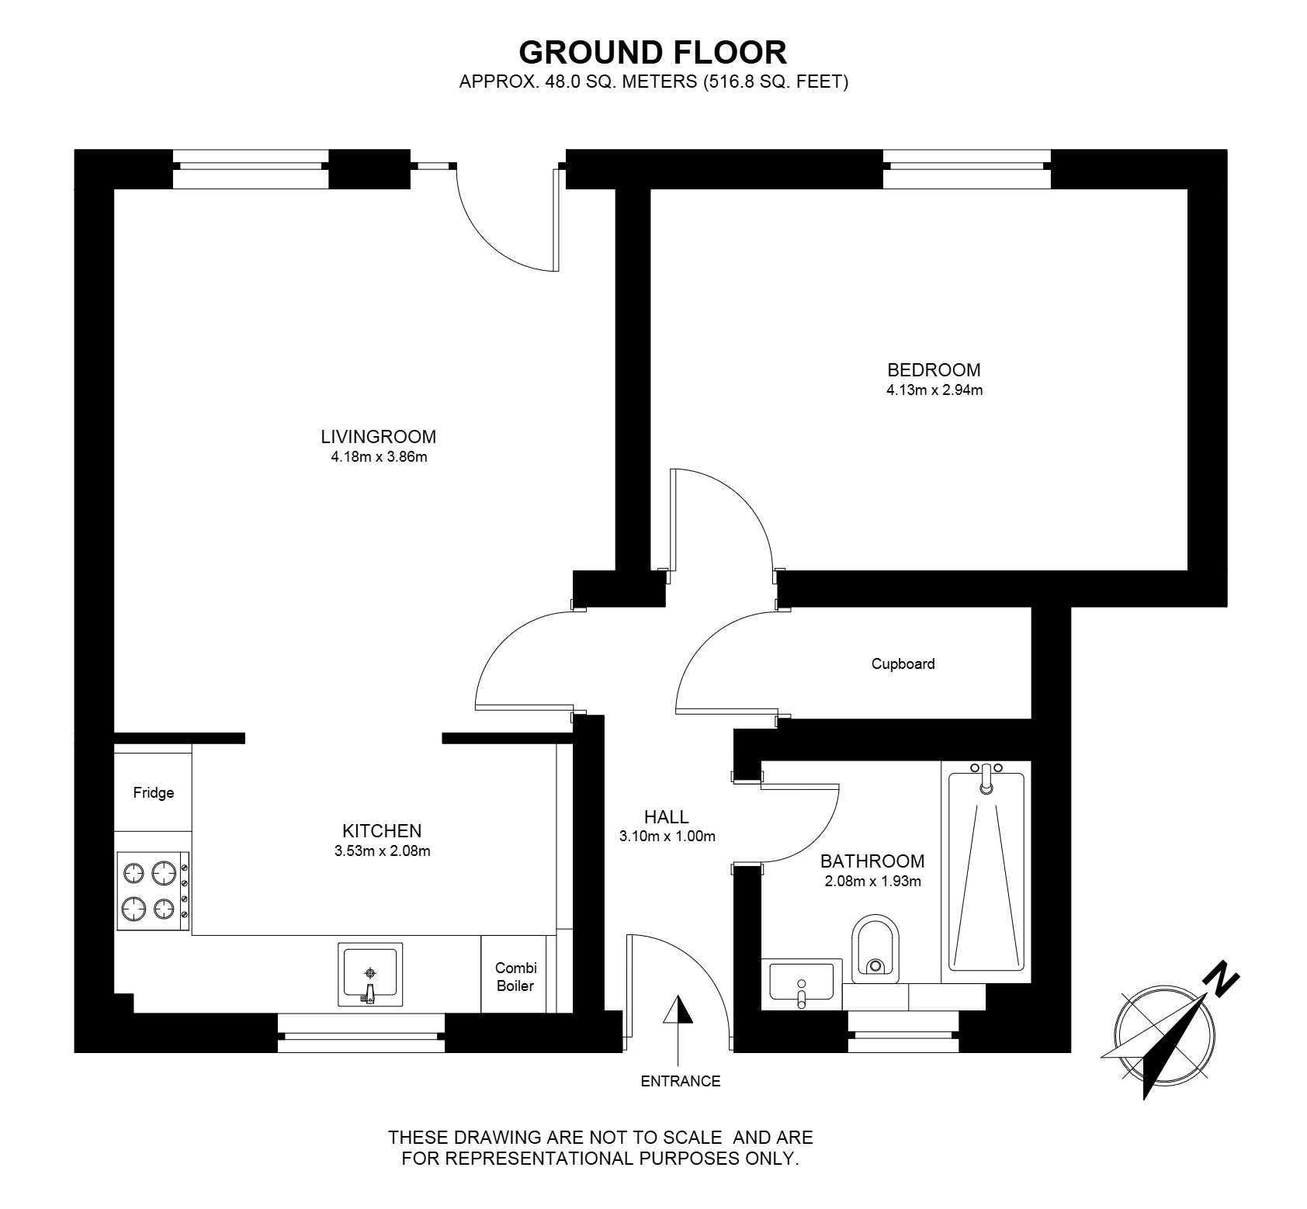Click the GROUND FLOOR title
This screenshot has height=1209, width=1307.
click(x=653, y=52)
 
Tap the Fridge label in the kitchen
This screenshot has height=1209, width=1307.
click(x=154, y=792)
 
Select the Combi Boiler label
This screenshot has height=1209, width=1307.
click(x=516, y=977)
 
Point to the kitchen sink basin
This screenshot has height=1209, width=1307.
click(x=371, y=974)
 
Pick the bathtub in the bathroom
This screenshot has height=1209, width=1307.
click(x=986, y=872)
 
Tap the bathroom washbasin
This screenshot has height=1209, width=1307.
click(x=802, y=982)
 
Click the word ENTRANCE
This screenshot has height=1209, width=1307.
click(x=681, y=1081)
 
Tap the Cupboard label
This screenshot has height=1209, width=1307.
click(x=903, y=663)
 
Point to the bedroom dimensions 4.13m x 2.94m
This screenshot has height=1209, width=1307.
click(x=934, y=390)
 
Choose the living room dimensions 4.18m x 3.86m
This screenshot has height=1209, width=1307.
click(x=379, y=457)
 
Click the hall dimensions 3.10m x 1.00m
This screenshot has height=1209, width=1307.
click(x=667, y=837)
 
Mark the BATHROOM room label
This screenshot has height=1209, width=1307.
click(x=872, y=861)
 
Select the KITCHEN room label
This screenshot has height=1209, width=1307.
click(x=382, y=830)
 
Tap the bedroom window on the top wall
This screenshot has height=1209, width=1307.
click(x=967, y=169)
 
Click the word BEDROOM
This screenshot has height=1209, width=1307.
click(x=934, y=370)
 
